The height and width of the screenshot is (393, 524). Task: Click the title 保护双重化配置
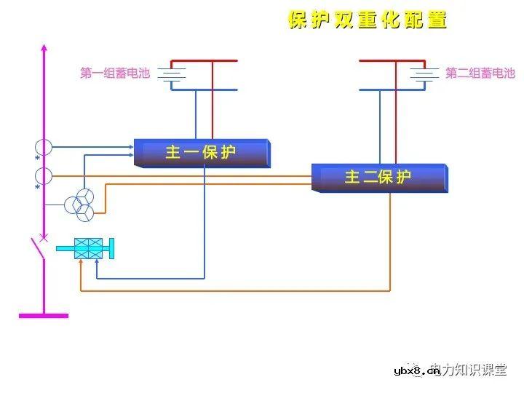368,20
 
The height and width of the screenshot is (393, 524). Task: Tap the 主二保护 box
378,177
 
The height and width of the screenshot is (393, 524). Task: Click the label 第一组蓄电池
114,74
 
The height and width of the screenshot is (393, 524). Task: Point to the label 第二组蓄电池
480,74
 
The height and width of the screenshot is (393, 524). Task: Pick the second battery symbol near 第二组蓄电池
424,74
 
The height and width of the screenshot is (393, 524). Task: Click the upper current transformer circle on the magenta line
44,147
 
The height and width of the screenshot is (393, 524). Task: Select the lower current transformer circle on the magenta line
44,175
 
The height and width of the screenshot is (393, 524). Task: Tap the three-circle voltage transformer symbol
79,206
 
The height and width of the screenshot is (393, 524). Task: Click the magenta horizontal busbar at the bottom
44,315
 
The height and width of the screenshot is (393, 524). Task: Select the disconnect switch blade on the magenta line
37,247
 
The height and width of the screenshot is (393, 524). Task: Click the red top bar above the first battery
204,61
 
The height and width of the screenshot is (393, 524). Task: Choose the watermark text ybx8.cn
416,371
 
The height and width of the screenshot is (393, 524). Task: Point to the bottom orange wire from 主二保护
233,290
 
